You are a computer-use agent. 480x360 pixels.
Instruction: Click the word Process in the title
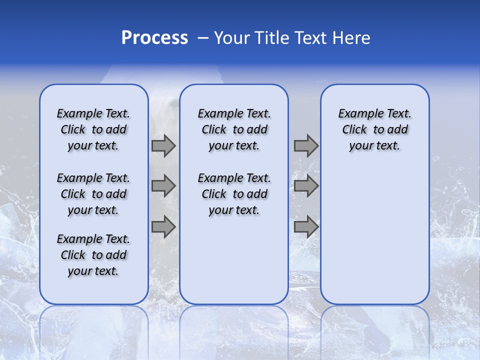pos(154,38)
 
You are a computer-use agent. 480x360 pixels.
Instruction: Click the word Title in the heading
pos(270,38)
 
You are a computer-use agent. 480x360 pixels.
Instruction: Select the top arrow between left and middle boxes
pos(163,146)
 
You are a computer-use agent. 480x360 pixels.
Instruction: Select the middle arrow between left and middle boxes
pos(163,186)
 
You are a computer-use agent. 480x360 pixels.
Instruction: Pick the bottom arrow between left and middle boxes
pos(163,227)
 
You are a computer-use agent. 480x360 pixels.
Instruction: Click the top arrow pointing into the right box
pos(306,146)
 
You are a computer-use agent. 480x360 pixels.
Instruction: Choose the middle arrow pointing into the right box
pos(306,186)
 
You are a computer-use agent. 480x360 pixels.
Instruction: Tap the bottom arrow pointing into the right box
pos(306,227)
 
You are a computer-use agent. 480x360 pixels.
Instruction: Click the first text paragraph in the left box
pos(93,129)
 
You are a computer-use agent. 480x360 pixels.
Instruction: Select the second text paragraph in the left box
pos(93,194)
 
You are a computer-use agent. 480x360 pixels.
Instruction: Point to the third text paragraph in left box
pos(93,255)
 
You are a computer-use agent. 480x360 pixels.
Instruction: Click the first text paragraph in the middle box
pos(234,129)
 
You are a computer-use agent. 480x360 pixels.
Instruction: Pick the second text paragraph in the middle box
pos(234,194)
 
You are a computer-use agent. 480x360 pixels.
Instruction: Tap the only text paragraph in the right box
pos(375,129)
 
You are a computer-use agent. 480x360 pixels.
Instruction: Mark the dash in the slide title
pos(203,38)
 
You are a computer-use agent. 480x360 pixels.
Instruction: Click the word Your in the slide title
pos(232,38)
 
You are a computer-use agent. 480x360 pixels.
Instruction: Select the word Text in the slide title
pos(310,38)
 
